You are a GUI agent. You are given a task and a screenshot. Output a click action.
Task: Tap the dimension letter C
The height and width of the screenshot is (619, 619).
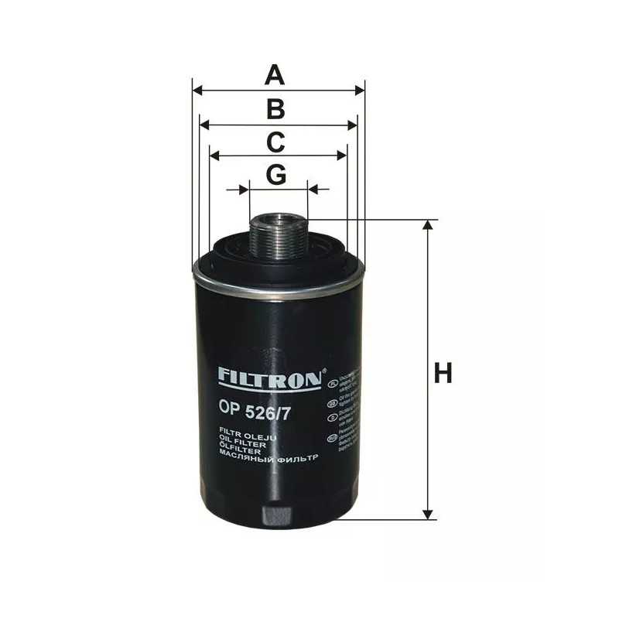276,142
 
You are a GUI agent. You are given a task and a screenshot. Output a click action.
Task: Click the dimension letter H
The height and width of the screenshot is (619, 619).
443,374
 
